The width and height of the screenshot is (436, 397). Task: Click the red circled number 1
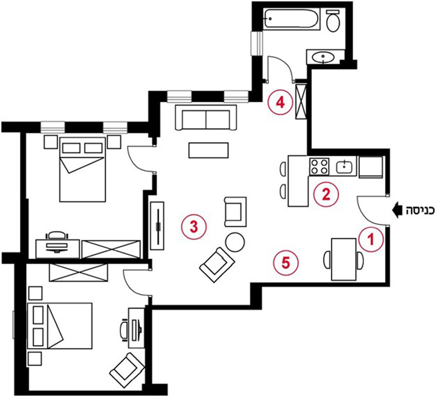tap(371, 239)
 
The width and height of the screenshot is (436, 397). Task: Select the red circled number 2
tap(326, 194)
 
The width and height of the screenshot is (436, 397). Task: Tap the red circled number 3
tap(193, 227)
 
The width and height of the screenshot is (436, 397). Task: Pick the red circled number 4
tap(280, 102)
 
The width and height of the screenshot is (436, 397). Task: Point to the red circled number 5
tap(286, 262)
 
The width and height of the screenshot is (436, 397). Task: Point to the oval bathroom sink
tap(323, 58)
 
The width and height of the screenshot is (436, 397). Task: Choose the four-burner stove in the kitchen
tap(319, 167)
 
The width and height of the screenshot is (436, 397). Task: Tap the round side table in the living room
tap(235, 242)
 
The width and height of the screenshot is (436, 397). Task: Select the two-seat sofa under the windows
tap(206, 117)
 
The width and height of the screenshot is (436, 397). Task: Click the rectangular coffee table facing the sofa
tap(209, 150)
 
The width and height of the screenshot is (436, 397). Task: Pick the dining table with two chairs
tap(344, 259)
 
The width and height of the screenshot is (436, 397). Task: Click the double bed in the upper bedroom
tap(83, 169)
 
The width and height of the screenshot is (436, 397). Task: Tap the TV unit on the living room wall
tap(158, 226)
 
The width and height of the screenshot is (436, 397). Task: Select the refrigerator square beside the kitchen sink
tap(371, 167)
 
